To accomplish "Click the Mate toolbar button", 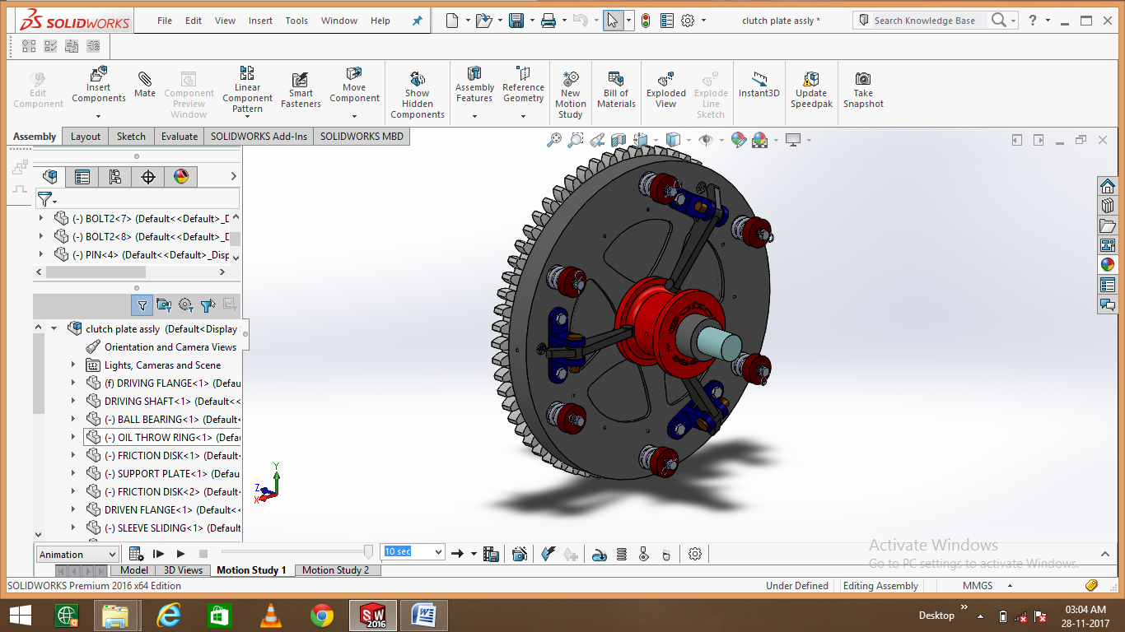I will click(x=145, y=85).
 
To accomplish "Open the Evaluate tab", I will click(x=179, y=137).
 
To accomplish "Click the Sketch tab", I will click(x=131, y=137).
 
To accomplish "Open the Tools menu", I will click(x=296, y=21).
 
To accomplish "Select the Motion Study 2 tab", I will click(x=335, y=570).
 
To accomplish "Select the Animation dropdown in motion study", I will click(x=77, y=555).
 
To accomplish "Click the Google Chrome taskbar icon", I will click(x=322, y=615).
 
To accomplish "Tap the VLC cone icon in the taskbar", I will click(x=270, y=615).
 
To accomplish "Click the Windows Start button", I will click(x=20, y=615).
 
